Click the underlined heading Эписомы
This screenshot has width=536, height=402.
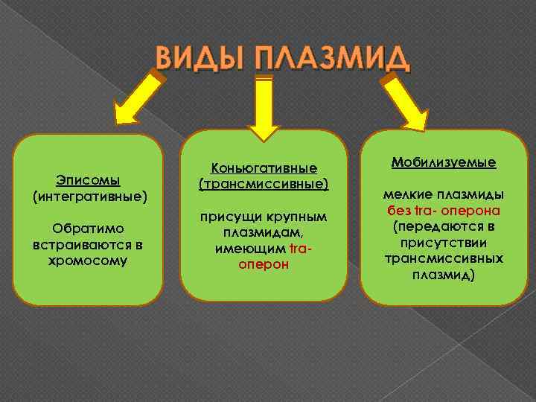pyautogui.click(x=89, y=180)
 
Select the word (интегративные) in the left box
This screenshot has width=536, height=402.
pyautogui.click(x=89, y=197)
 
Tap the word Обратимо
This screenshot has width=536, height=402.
pyautogui.click(x=89, y=229)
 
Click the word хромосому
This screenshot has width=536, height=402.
pyautogui.click(x=89, y=261)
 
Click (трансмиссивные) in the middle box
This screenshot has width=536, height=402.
pyautogui.click(x=264, y=183)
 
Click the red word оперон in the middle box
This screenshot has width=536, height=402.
pyautogui.click(x=264, y=264)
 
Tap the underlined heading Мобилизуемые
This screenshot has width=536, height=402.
pyautogui.click(x=444, y=162)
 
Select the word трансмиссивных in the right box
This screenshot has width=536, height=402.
pyautogui.click(x=444, y=258)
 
